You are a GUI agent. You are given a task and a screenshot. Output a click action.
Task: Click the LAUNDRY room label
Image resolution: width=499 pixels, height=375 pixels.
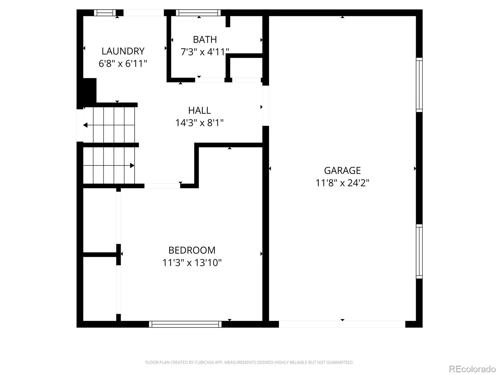click(x=123, y=51)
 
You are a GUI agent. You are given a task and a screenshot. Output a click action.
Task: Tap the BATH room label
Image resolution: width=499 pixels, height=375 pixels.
click(x=205, y=40)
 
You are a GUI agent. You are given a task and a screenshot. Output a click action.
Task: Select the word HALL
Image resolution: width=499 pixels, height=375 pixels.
click(x=199, y=110)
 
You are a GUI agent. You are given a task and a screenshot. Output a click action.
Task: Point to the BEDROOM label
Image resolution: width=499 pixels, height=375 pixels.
click(x=191, y=250)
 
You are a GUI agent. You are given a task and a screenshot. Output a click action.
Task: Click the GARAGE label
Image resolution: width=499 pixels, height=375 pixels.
click(x=342, y=170)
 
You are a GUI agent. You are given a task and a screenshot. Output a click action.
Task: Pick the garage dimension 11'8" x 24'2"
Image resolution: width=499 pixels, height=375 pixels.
click(x=342, y=182)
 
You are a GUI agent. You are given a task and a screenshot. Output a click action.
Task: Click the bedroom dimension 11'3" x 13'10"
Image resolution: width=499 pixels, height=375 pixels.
click(x=191, y=262)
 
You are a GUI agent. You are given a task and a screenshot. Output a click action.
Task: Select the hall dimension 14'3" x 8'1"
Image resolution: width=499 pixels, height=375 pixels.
click(x=199, y=123)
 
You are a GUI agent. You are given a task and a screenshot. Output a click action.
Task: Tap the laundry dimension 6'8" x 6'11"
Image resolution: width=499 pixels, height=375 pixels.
click(x=123, y=63)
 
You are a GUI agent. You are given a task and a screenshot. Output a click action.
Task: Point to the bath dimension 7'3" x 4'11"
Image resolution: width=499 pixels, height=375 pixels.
click(x=205, y=52)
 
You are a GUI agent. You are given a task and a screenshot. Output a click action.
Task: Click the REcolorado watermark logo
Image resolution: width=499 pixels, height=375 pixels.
click(x=472, y=369)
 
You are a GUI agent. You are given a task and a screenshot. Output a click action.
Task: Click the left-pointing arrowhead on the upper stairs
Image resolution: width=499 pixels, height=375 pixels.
click(x=85, y=125)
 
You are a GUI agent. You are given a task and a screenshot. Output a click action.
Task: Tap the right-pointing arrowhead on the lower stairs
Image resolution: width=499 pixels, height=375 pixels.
click(x=132, y=166)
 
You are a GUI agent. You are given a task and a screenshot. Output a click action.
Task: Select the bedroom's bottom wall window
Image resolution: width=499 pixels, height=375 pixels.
click(x=185, y=324)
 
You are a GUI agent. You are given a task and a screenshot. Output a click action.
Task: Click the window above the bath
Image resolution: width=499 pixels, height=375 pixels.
click(x=198, y=13)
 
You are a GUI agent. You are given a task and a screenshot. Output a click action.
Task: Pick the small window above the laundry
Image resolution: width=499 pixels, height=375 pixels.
click(x=105, y=13)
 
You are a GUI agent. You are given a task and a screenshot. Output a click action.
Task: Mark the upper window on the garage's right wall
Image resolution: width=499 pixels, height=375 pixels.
click(x=419, y=85)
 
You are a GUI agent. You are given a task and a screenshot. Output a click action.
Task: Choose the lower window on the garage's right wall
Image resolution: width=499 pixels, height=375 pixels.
click(x=419, y=251)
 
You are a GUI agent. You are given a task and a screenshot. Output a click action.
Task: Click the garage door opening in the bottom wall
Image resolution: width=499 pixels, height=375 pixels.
click(x=342, y=324)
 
